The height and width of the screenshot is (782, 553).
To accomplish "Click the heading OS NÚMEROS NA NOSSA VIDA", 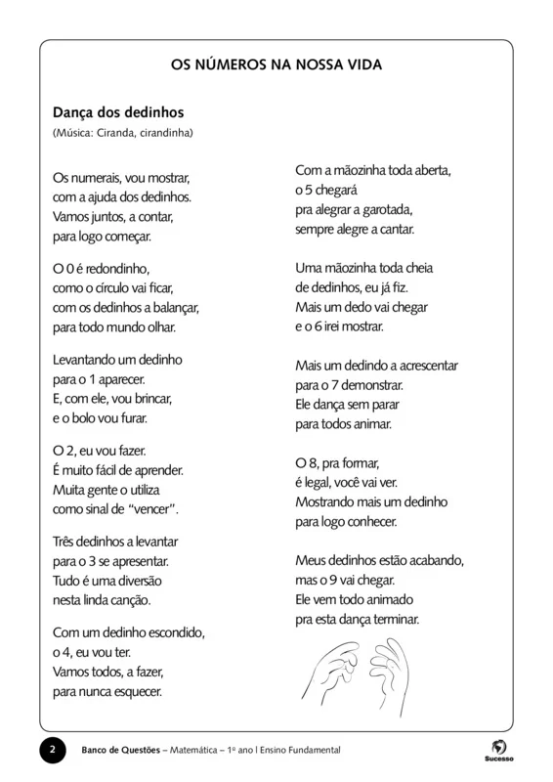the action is pyautogui.click(x=276, y=65).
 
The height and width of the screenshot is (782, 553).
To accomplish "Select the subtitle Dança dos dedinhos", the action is pyautogui.click(x=118, y=112).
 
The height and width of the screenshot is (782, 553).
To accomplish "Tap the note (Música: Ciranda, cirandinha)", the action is pyautogui.click(x=123, y=132).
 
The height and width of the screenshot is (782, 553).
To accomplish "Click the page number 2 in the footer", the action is pyautogui.click(x=52, y=750).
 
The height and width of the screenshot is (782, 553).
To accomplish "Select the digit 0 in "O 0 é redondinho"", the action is pyautogui.click(x=70, y=267).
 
